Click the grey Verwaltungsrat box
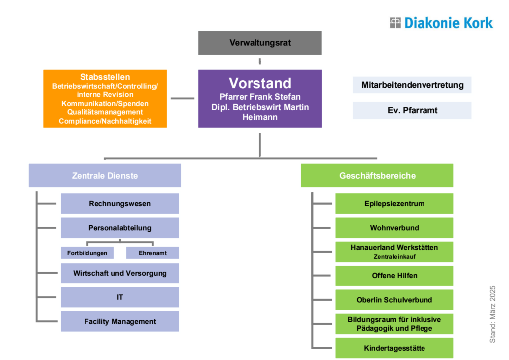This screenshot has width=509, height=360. click(x=259, y=43)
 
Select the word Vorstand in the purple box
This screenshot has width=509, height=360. click(x=259, y=83)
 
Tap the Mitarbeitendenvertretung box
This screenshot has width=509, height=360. click(x=412, y=85)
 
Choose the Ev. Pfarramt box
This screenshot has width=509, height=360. click(x=412, y=110)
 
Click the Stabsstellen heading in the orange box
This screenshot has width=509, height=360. click(x=105, y=77)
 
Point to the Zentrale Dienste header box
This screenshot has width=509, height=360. click(x=105, y=176)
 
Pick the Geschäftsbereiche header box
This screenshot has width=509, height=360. click(x=377, y=176)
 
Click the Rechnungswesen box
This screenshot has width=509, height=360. click(x=120, y=203)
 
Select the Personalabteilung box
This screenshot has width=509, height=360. click(x=120, y=228)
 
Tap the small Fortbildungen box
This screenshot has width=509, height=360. click(x=87, y=253)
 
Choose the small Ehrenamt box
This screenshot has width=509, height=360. click(x=152, y=253)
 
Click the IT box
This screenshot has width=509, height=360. click(x=120, y=297)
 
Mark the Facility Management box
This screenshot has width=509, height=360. click(x=120, y=321)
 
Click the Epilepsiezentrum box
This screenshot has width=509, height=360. click(x=394, y=203)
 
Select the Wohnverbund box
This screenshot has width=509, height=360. click(x=394, y=228)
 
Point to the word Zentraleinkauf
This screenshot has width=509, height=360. click(x=394, y=257)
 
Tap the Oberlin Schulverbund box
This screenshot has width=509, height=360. click(x=394, y=300)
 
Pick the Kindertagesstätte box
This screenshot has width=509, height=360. click(x=394, y=348)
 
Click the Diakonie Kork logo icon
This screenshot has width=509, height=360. click(x=395, y=23)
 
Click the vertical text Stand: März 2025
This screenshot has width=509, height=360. click(x=493, y=314)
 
